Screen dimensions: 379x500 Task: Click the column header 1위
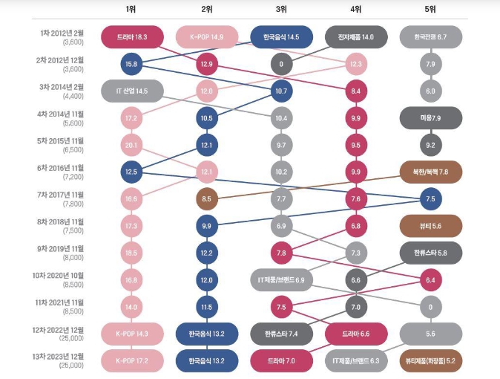click(x=131, y=9)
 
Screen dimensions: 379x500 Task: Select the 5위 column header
click(x=430, y=9)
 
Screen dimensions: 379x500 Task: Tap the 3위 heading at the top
click(x=281, y=9)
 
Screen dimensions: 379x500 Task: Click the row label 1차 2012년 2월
click(x=62, y=33)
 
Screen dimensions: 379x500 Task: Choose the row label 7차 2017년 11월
click(x=62, y=195)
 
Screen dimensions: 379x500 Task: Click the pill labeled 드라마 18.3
click(x=131, y=36)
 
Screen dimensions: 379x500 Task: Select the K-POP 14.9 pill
click(x=206, y=36)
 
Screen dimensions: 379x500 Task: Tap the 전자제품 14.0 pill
click(x=356, y=36)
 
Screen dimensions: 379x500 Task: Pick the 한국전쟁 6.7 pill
click(x=430, y=36)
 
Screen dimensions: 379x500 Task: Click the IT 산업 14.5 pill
click(x=131, y=91)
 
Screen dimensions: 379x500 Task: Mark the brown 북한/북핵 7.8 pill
click(x=430, y=172)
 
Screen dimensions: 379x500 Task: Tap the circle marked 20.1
click(x=131, y=145)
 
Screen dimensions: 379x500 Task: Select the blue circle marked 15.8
click(x=131, y=64)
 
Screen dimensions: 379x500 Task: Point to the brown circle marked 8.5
click(x=206, y=198)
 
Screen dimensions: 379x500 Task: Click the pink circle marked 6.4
click(x=430, y=279)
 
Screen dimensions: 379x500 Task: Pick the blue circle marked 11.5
click(x=206, y=306)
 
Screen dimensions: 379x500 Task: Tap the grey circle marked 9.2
click(x=430, y=145)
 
